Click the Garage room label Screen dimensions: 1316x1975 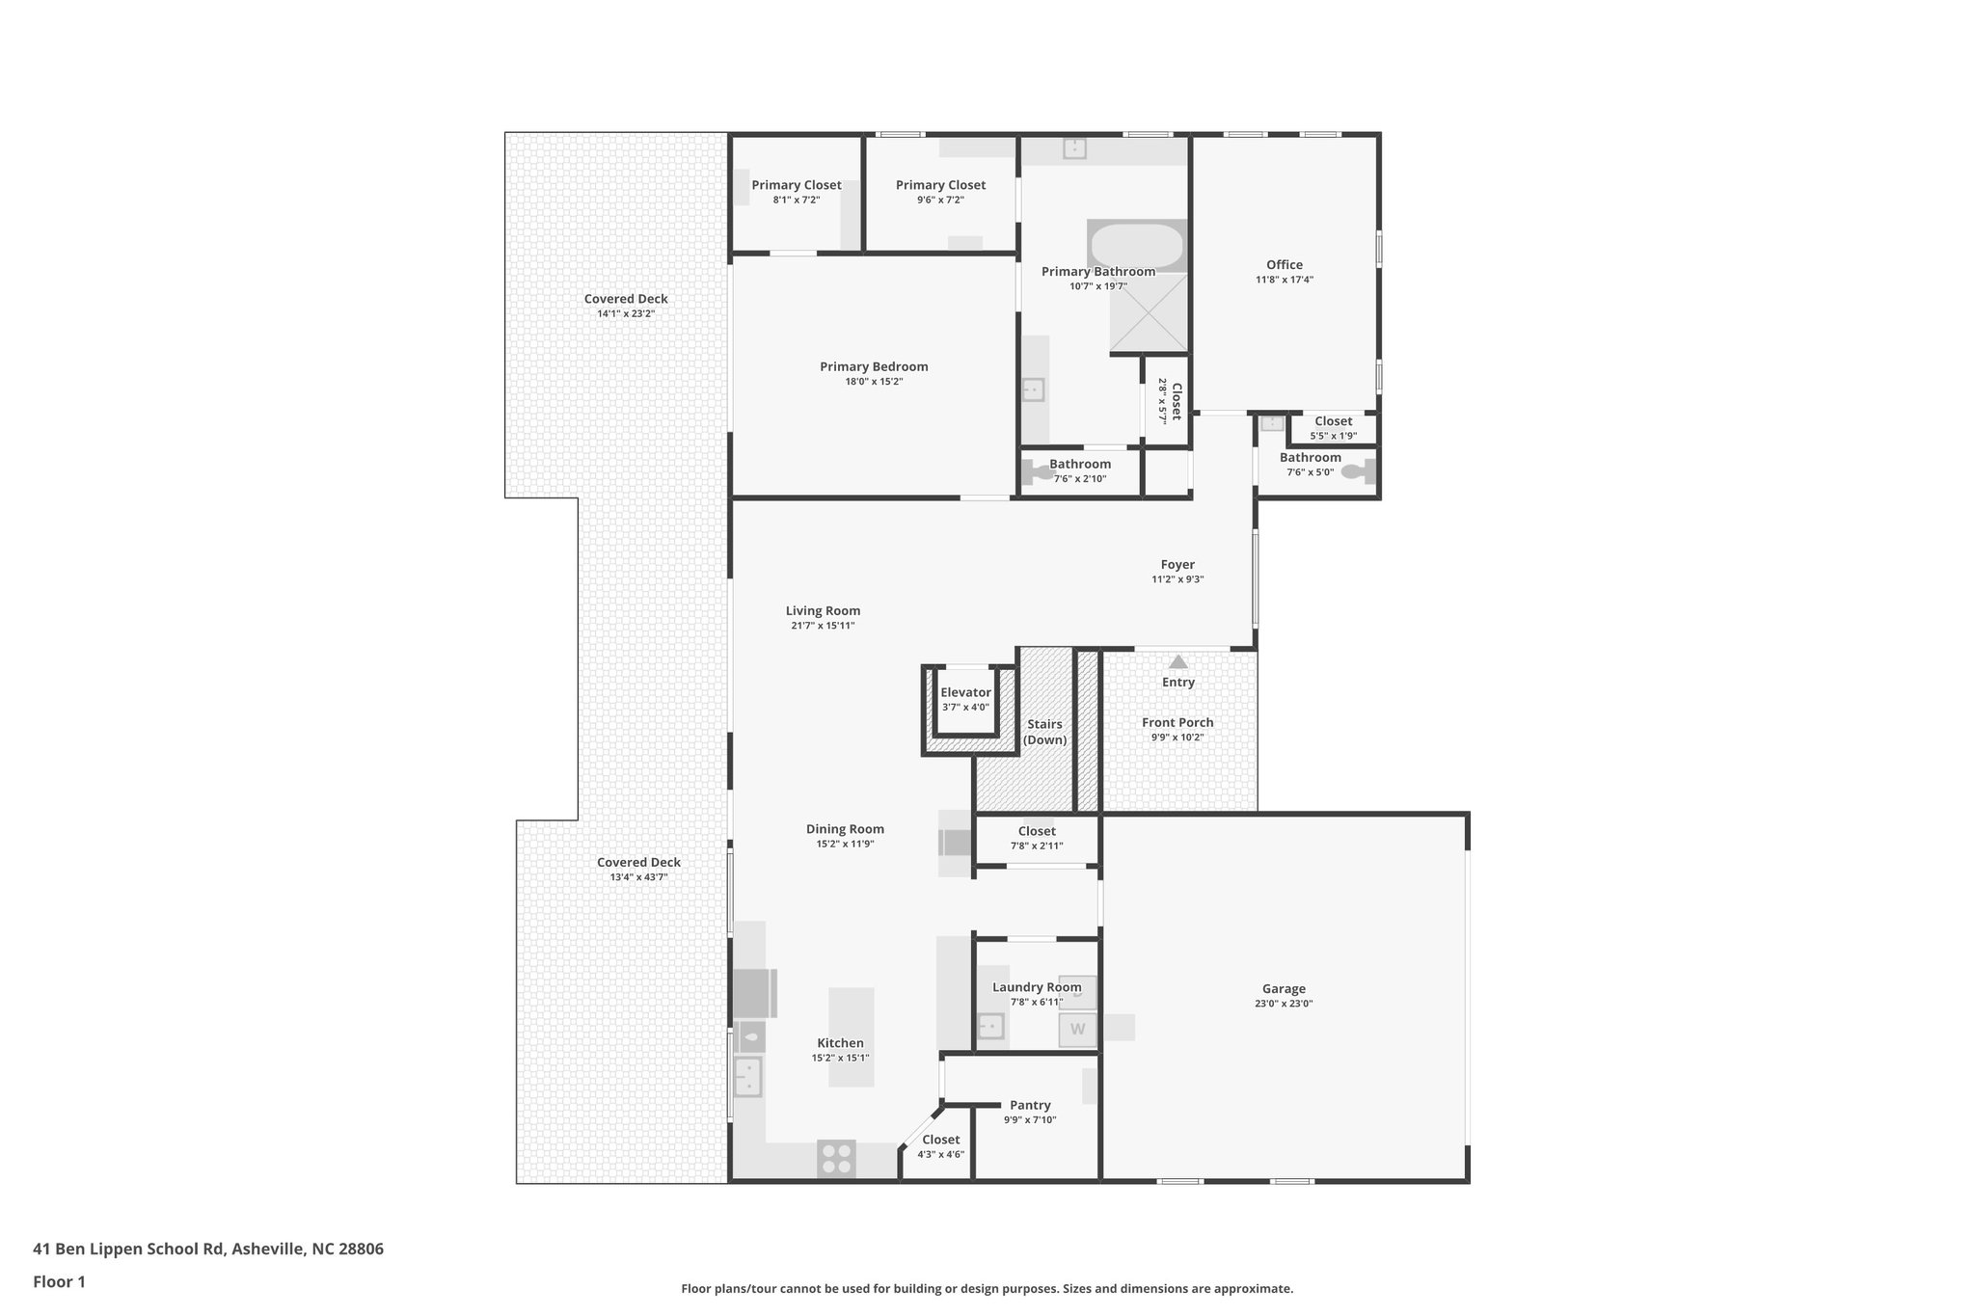[1284, 988]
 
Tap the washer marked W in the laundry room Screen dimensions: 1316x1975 [1077, 1030]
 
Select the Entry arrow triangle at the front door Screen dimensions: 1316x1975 [1177, 661]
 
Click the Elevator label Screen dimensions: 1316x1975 [965, 692]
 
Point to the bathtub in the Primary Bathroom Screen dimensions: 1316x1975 [1136, 245]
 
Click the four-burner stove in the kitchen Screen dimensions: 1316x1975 [836, 1158]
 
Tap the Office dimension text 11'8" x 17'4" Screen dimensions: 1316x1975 [1284, 280]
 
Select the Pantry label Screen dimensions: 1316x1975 [1030, 1105]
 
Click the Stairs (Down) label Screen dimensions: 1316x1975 [1044, 732]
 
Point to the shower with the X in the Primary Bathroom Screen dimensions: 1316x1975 [1149, 311]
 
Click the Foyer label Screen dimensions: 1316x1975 [1177, 564]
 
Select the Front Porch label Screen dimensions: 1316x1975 [1177, 722]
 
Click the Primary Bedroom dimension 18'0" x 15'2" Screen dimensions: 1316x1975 [874, 382]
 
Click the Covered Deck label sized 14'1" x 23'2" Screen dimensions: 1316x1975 [626, 299]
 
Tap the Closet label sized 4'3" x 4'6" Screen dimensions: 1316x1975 [940, 1140]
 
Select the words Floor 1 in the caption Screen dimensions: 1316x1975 [59, 1282]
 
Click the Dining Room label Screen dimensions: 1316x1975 [845, 829]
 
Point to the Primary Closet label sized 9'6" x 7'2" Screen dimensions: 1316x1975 [940, 185]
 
